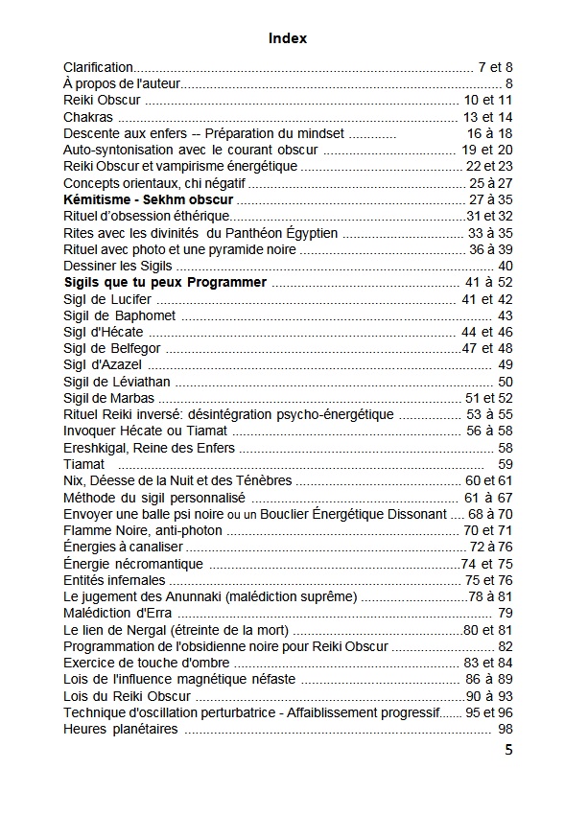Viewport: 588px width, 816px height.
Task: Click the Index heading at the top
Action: tap(288, 38)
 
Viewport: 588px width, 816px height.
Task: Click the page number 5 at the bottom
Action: tap(508, 750)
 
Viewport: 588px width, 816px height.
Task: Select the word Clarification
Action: tap(99, 67)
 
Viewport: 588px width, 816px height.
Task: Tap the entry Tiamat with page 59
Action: tap(83, 464)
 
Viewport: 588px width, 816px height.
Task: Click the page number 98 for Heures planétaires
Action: tap(506, 730)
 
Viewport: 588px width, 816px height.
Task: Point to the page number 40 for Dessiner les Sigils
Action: tap(506, 266)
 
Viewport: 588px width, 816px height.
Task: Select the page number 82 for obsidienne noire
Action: tap(506, 646)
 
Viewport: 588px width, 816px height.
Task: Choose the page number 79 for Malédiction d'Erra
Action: tap(506, 614)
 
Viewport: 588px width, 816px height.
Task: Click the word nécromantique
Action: tap(162, 564)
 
